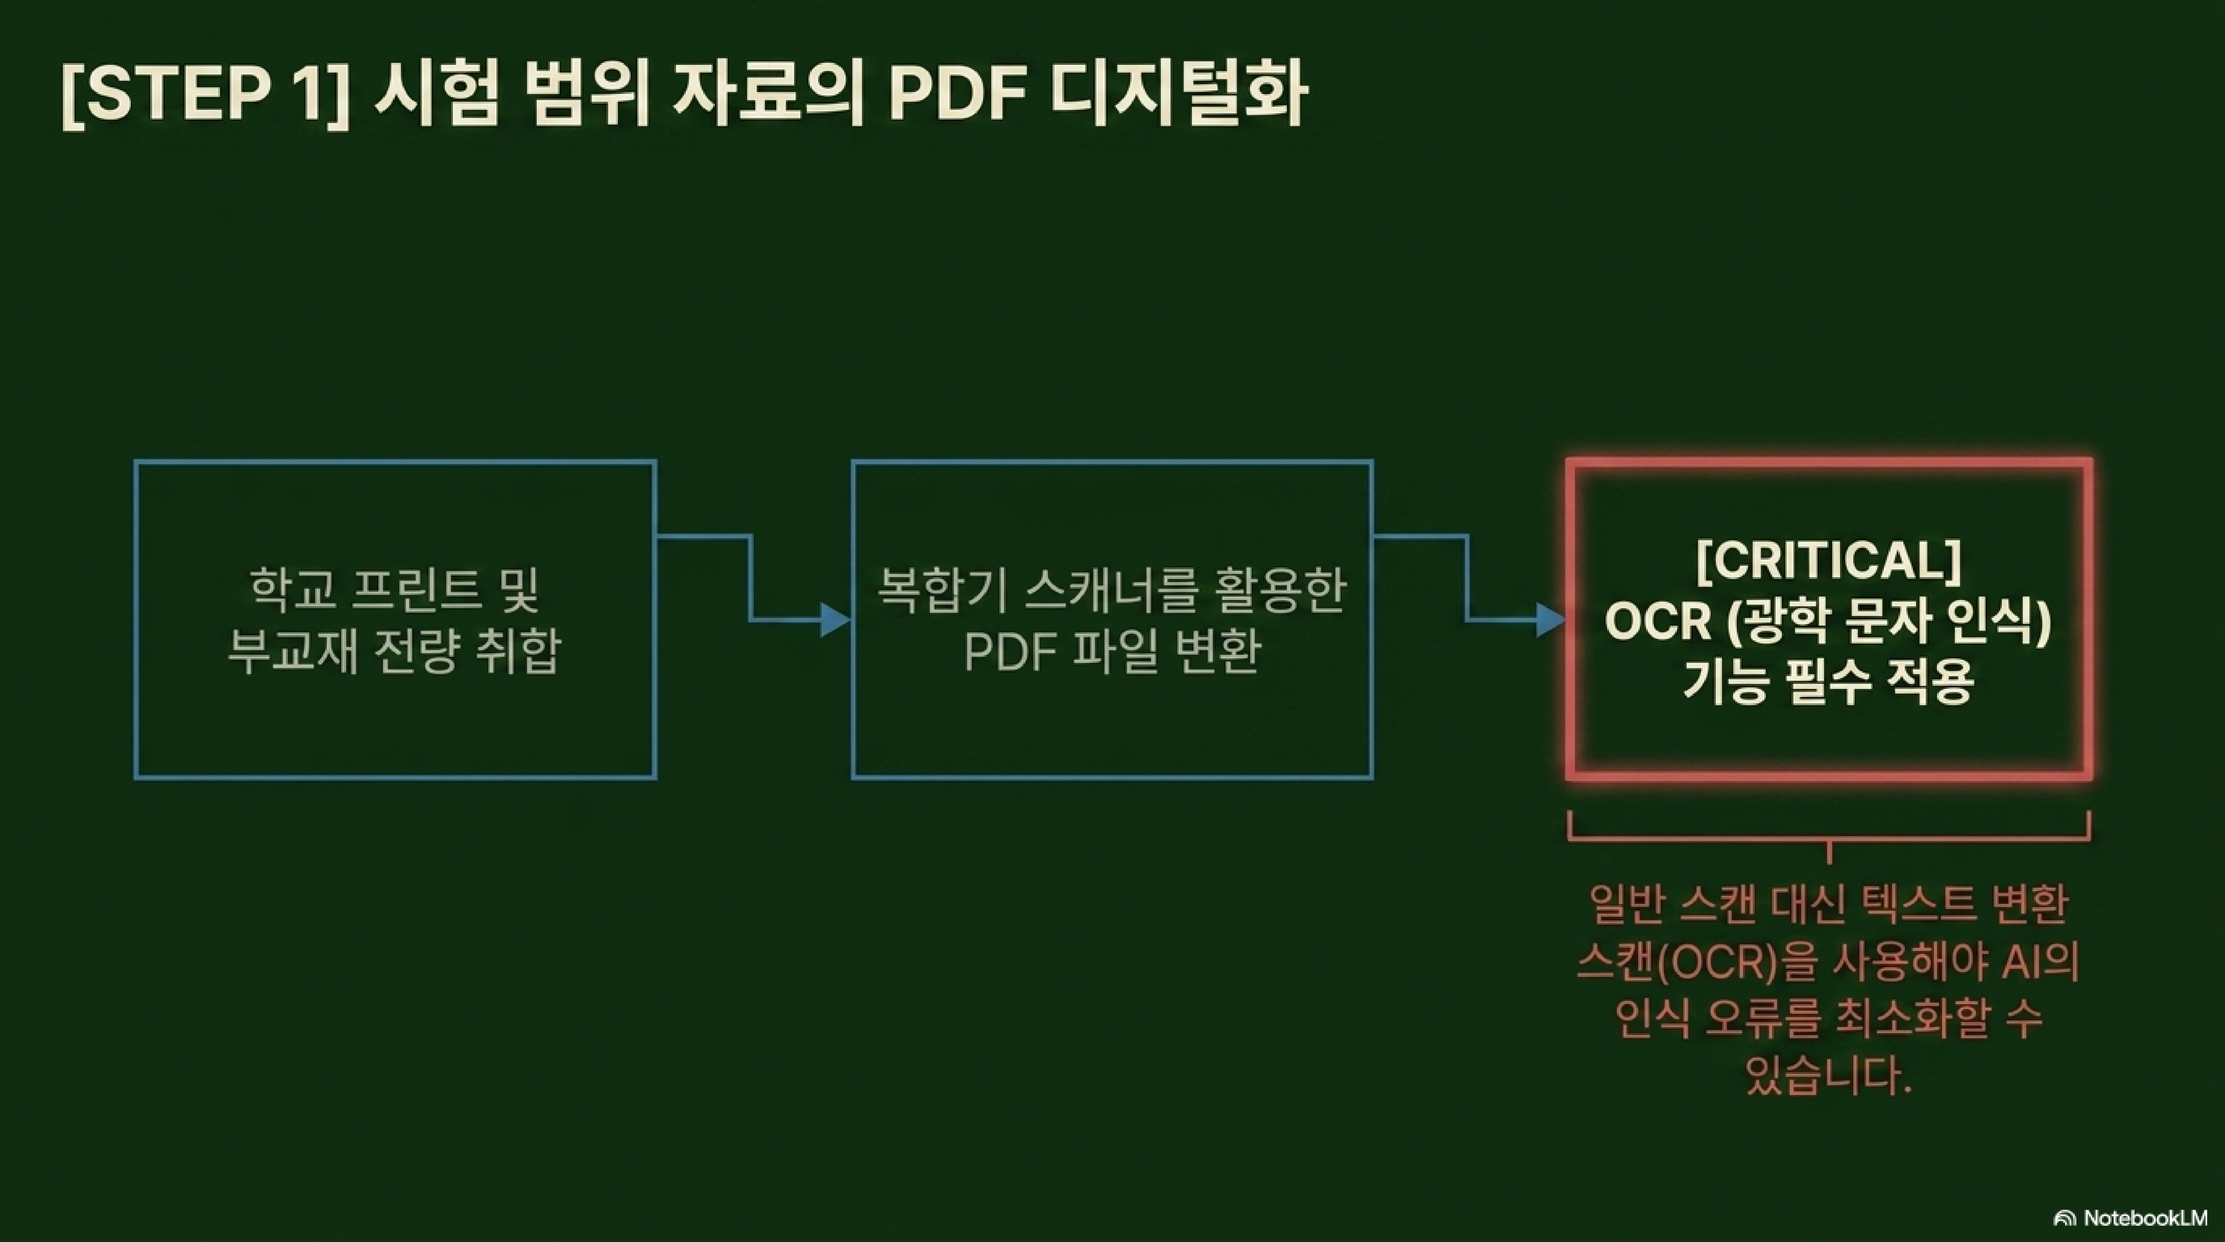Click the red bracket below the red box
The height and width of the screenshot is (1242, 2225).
1828,838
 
